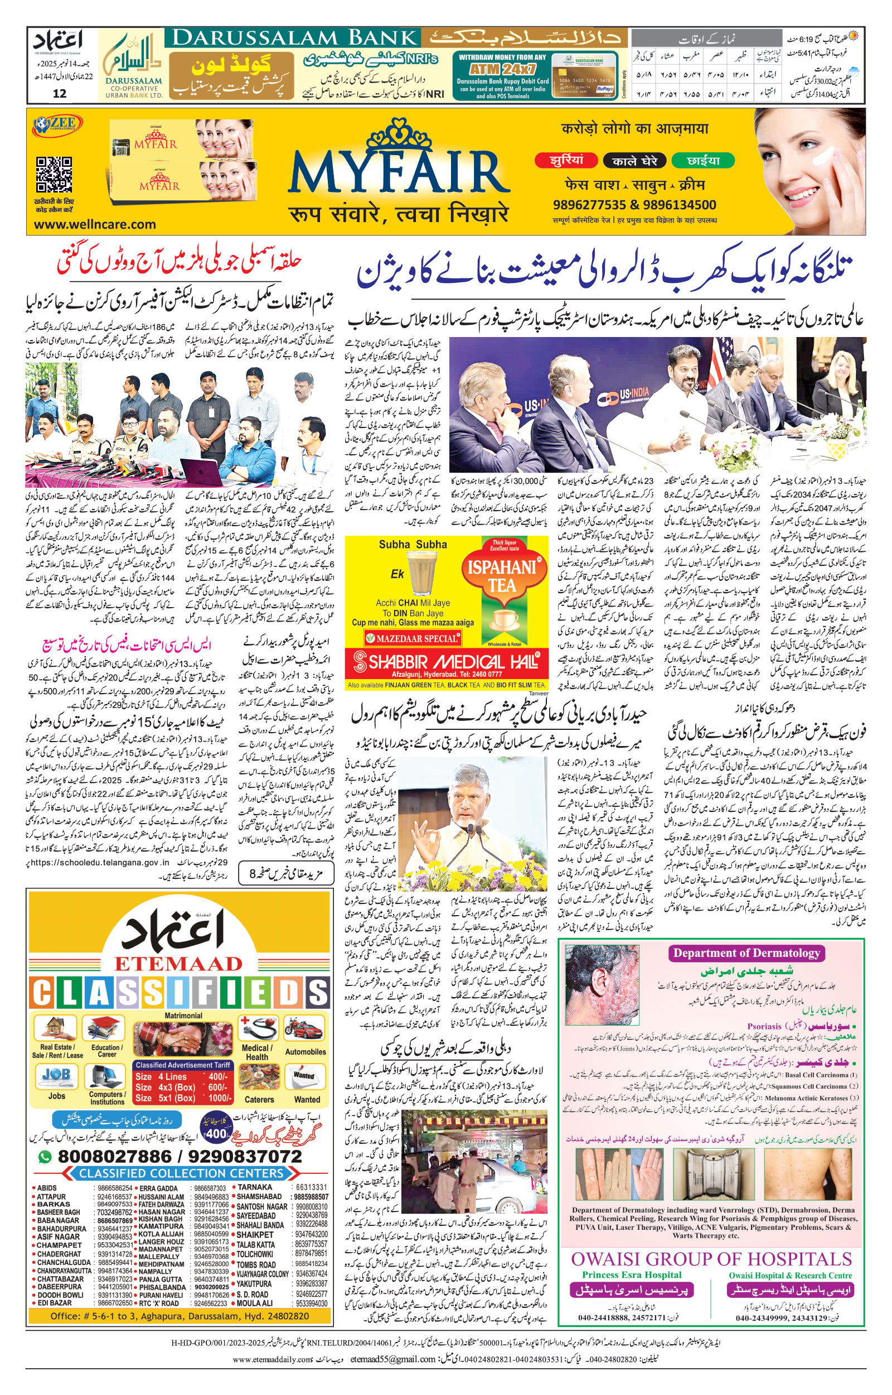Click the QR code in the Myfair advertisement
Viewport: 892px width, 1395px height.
click(55, 175)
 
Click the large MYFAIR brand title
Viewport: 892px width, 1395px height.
click(399, 174)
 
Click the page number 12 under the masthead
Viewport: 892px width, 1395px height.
click(59, 93)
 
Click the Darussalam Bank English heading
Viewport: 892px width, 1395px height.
click(295, 39)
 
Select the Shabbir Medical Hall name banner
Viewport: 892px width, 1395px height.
click(447, 662)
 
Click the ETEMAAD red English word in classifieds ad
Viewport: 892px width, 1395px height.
click(178, 964)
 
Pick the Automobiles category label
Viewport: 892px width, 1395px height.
click(306, 1052)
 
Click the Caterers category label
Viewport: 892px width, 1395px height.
click(259, 1099)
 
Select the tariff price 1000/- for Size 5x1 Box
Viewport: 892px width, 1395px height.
click(219, 1098)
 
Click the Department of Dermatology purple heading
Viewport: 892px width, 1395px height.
click(746, 954)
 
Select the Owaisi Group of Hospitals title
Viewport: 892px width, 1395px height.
click(711, 1259)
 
